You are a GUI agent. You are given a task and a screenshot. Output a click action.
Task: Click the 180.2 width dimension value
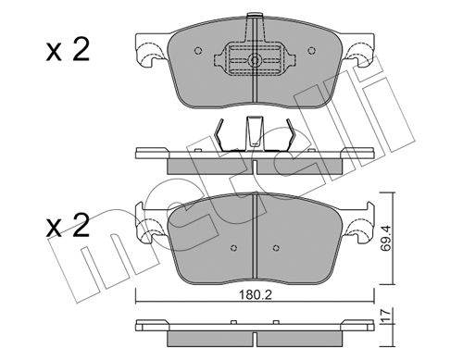255,295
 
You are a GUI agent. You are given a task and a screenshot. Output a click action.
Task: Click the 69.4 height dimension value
385,238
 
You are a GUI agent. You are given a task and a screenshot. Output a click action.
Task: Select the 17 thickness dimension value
386,316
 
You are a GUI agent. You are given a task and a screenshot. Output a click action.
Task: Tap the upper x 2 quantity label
68,50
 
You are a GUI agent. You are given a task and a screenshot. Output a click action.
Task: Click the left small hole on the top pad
198,50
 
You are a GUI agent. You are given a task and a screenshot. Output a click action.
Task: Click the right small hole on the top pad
312,50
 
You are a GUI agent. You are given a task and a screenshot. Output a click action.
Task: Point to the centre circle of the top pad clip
255,60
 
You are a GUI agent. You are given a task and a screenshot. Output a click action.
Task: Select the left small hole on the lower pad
233,248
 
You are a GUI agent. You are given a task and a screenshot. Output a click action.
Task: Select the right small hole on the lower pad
276,248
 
